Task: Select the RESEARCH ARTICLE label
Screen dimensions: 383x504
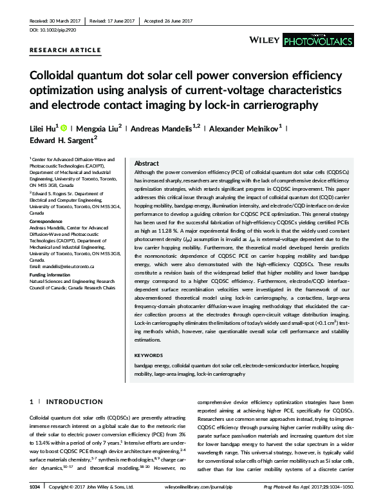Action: [x=65, y=50]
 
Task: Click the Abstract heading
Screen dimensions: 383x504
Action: [x=146, y=164]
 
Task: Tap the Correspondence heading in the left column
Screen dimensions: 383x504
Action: [x=48, y=221]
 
